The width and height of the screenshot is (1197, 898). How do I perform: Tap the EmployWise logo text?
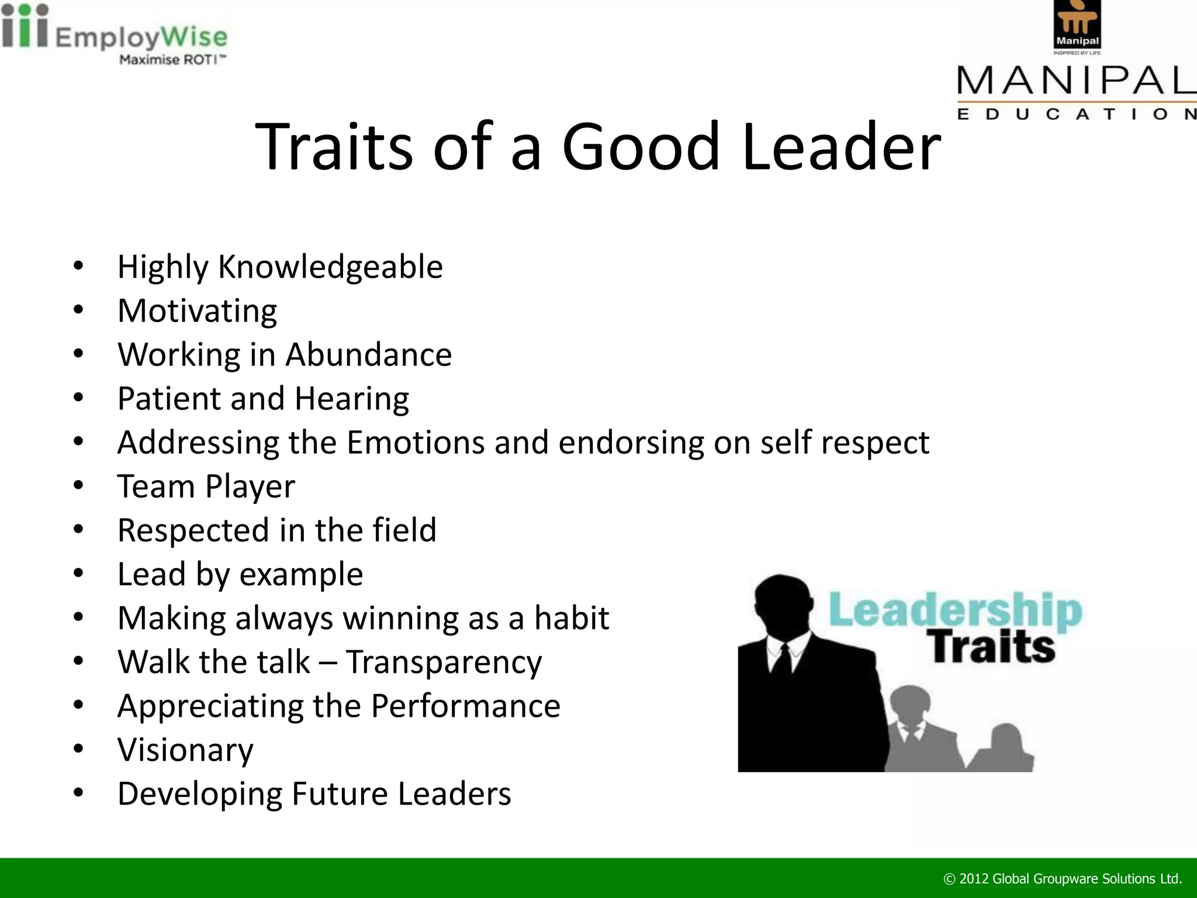coord(141,37)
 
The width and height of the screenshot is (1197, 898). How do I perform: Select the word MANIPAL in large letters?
coord(1076,81)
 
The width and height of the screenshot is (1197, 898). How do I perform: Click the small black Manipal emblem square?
coord(1077,24)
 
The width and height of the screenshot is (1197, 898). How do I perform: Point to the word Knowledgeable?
coord(330,267)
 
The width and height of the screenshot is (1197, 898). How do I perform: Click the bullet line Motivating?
coord(198,311)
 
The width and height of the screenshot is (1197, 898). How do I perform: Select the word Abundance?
coord(368,355)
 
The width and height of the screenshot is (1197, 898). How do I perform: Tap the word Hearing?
coord(351,399)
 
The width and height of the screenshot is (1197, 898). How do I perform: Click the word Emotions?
coord(416,443)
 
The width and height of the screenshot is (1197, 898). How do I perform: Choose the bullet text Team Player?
coord(206,486)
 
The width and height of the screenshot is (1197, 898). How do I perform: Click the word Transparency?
coord(444,662)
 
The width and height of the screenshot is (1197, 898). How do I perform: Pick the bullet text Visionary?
coord(185,750)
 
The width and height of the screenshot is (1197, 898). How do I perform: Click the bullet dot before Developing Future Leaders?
coord(79,793)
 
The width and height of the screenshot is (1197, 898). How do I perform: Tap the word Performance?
coord(465,706)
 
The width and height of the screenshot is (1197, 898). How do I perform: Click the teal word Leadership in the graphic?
coord(955,610)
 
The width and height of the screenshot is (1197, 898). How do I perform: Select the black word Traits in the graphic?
coord(993,647)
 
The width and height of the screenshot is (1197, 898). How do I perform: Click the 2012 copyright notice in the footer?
coord(1063,879)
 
